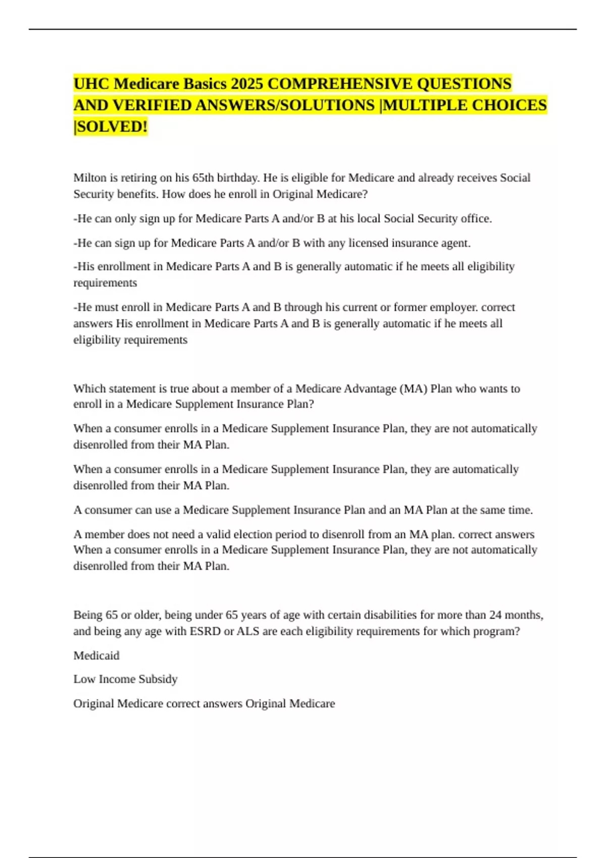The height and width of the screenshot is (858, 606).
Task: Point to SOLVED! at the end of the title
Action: coord(111,126)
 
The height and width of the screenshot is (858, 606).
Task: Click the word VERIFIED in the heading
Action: coord(149,105)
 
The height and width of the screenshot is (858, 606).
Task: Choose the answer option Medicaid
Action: coord(96,655)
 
